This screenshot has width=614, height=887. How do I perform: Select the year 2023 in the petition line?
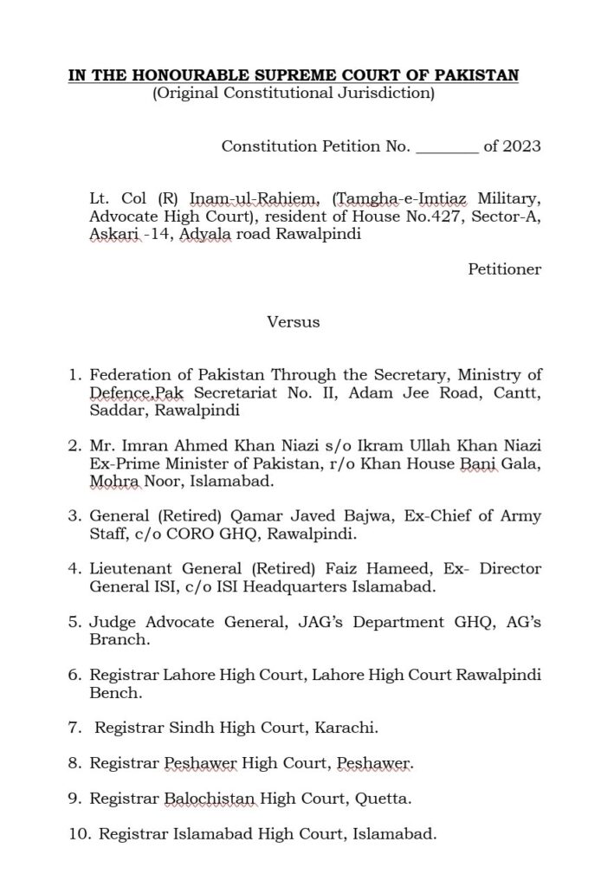point(522,146)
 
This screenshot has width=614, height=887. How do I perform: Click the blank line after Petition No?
point(447,146)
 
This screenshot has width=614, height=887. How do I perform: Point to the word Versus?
point(294,322)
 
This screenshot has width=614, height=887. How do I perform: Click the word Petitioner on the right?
point(505,269)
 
